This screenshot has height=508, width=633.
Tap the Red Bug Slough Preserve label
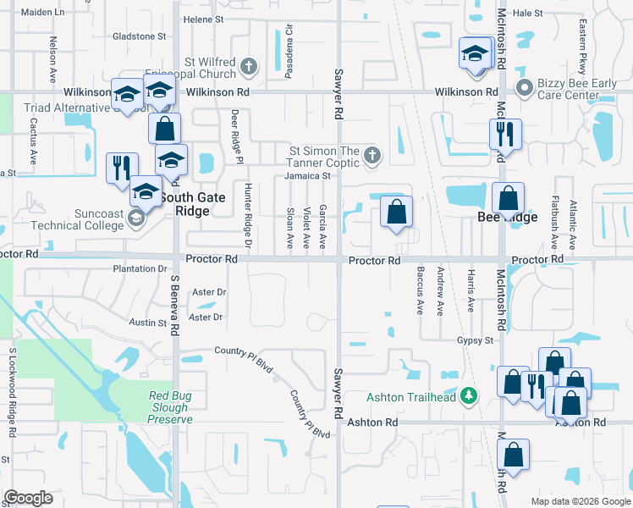pos(170,407)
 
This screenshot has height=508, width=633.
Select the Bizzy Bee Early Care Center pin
pos(524,86)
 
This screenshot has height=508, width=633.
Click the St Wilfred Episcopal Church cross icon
pos(248,66)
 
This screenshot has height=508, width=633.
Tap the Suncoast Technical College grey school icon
pos(135,220)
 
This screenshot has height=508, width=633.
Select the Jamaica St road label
pos(306,176)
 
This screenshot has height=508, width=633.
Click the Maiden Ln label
pos(42,13)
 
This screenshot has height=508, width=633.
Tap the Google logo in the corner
pos(28,497)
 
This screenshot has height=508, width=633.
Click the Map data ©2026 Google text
pos(580,501)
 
